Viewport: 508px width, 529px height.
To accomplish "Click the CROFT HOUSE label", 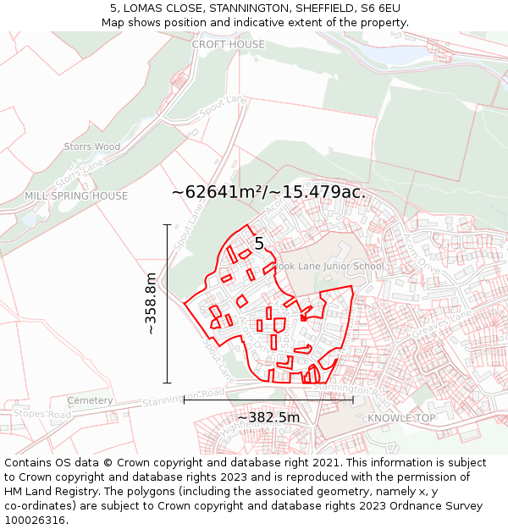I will point(228,44).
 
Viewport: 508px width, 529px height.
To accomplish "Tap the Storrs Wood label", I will point(92,146).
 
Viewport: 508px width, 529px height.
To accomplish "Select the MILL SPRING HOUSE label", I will point(76,196).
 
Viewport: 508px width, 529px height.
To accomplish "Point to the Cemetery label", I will point(90,400).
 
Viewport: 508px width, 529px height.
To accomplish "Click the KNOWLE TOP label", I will point(401,418).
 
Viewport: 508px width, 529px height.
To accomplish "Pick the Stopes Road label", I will point(41,415).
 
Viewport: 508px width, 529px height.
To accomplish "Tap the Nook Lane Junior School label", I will point(330,267).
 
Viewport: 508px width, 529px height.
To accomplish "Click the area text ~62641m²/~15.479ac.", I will point(268,192).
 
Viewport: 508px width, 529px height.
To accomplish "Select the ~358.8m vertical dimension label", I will point(151,303).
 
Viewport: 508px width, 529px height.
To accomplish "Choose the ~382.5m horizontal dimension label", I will point(268,417).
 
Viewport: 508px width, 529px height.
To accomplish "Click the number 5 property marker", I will point(259,244).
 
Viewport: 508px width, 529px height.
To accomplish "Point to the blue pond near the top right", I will point(395,53).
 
